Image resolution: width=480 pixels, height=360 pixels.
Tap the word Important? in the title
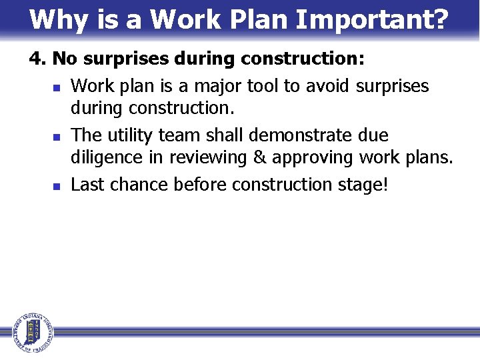click(372, 20)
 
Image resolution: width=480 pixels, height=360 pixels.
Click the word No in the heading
click(64, 59)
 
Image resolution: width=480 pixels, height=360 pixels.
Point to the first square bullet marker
click(57, 87)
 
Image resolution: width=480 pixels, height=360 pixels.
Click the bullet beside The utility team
click(57, 136)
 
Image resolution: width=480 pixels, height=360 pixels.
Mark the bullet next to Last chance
click(57, 185)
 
